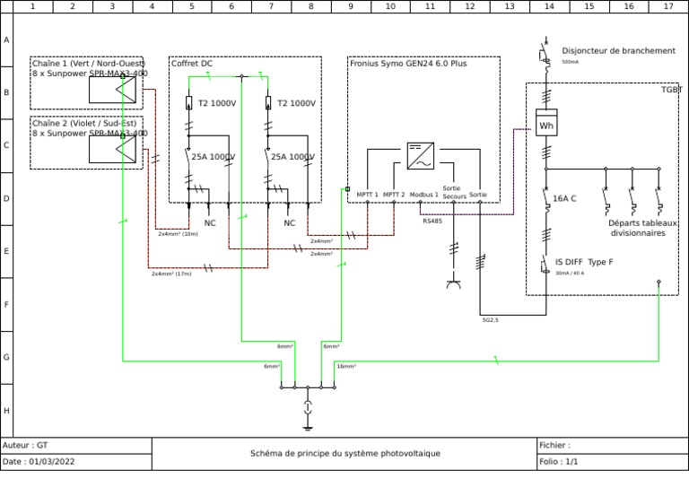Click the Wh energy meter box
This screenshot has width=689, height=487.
tap(545, 125)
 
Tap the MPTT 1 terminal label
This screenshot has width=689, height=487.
tap(367, 195)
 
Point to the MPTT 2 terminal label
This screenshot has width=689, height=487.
tap(394, 195)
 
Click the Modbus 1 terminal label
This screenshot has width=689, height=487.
tap(423, 195)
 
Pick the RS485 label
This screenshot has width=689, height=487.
tap(432, 221)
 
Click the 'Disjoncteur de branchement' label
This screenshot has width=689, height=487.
tap(618, 51)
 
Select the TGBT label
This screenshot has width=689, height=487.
tap(671, 90)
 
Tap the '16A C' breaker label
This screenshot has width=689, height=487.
tap(564, 198)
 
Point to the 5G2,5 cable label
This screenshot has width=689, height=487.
tap(491, 319)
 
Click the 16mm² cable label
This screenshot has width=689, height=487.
tap(346, 366)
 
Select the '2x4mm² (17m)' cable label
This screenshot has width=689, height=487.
tap(171, 274)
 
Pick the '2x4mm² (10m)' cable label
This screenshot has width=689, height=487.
tap(178, 233)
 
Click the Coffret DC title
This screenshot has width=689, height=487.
tap(192, 64)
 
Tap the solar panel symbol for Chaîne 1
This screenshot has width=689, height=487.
tap(112, 88)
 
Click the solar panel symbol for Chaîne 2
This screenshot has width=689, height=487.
tap(112, 148)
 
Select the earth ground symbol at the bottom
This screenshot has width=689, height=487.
tap(308, 409)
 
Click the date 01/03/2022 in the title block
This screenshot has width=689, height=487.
tap(52, 462)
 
